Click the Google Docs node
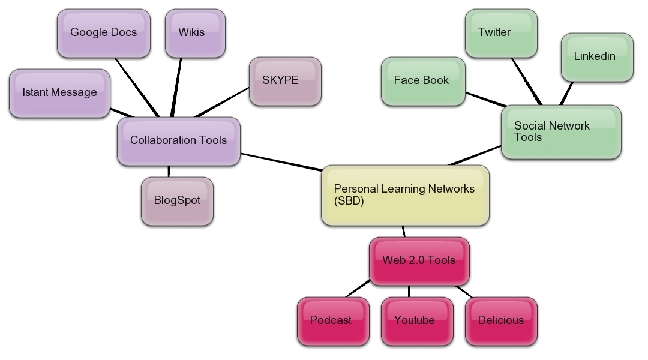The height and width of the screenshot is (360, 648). pyautogui.click(x=103, y=33)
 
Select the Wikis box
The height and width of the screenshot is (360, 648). pyautogui.click(x=194, y=33)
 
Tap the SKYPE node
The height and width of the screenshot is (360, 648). pyautogui.click(x=284, y=81)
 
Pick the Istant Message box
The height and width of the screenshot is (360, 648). pyautogui.click(x=59, y=93)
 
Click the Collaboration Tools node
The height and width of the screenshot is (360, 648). pyautogui.click(x=178, y=141)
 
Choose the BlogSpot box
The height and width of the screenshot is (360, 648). pyautogui.click(x=177, y=201)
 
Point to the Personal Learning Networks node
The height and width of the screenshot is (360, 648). pyautogui.click(x=405, y=195)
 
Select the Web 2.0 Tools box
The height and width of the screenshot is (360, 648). pyautogui.click(x=419, y=261)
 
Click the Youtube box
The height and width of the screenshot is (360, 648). pyautogui.click(x=415, y=321)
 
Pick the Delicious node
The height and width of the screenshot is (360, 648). pyautogui.click(x=500, y=321)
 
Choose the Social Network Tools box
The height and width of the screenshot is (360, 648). pyautogui.click(x=560, y=132)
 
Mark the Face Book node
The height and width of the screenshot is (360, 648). pyautogui.click(x=422, y=81)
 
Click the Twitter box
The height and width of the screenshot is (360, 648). pyautogui.click(x=500, y=33)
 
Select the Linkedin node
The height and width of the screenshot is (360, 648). pyautogui.click(x=596, y=57)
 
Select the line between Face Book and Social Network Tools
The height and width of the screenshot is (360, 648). pyautogui.click(x=484, y=99)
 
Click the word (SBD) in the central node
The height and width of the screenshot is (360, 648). pyautogui.click(x=349, y=202)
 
